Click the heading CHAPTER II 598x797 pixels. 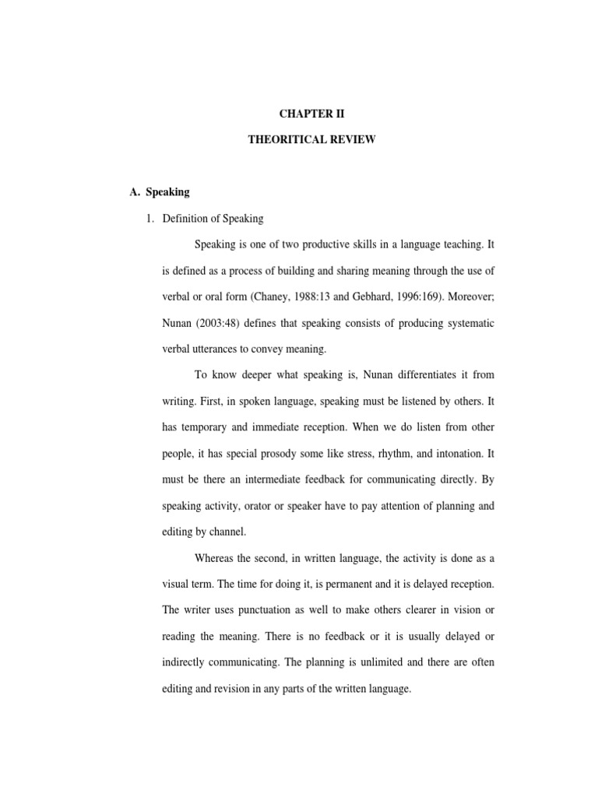click(311, 114)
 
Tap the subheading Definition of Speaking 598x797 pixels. click(213, 219)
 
